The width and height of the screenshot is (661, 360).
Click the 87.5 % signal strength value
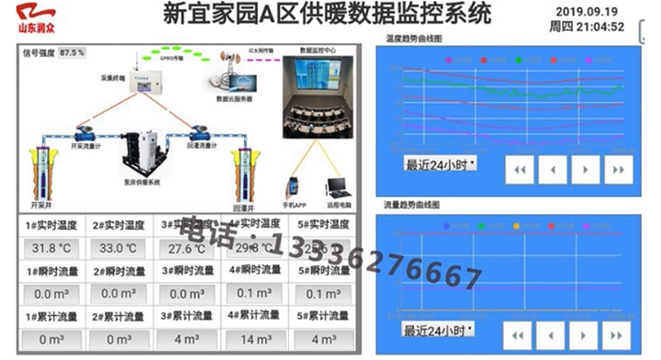(72, 52)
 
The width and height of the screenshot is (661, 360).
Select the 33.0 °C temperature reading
(118, 248)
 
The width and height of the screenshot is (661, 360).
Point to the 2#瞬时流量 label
(118, 272)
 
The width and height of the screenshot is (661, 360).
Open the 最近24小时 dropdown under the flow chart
(440, 329)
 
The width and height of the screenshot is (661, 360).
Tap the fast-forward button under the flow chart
(618, 332)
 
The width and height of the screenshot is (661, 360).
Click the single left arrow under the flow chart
(552, 332)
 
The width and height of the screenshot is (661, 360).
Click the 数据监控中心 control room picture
(318, 92)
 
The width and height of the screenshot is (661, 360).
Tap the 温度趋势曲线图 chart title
(414, 39)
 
